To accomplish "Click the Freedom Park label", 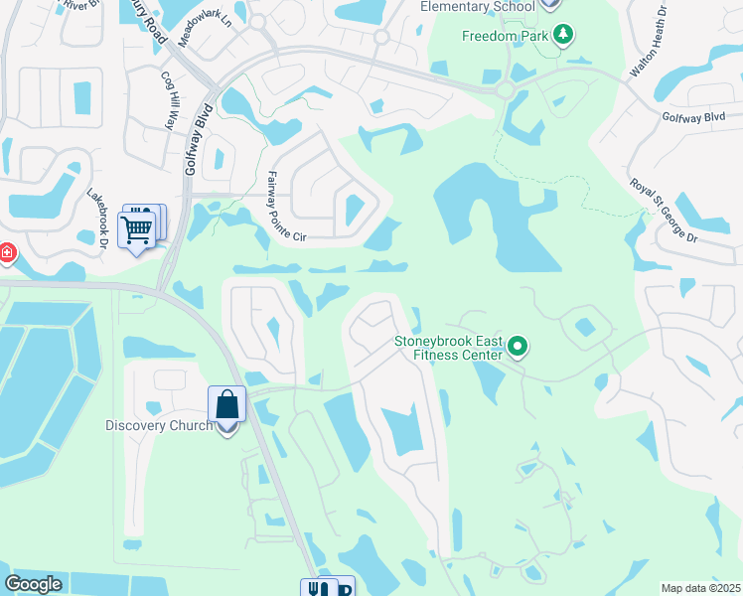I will pyautogui.click(x=507, y=37).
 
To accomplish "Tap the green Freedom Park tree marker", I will pyautogui.click(x=564, y=37).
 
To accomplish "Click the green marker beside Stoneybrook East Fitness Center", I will pyautogui.click(x=517, y=347).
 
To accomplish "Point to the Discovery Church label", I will pyautogui.click(x=159, y=426).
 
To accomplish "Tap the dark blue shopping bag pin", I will pyautogui.click(x=226, y=405).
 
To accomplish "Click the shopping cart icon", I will pyautogui.click(x=137, y=229).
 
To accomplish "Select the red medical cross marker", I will pyautogui.click(x=5, y=254).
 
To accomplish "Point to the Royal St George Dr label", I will pyautogui.click(x=665, y=211).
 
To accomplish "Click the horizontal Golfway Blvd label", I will pyautogui.click(x=694, y=117).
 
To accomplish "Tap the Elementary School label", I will pyautogui.click(x=479, y=6).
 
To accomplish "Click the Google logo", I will pyautogui.click(x=33, y=584).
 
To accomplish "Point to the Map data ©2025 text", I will pyautogui.click(x=699, y=588).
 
